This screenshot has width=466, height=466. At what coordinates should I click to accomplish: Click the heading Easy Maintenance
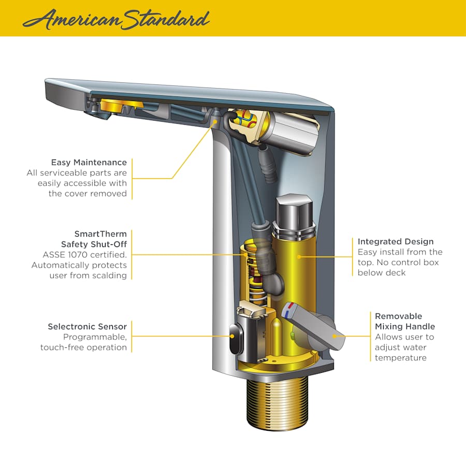89,163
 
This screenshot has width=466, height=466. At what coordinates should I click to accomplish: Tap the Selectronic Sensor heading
87,327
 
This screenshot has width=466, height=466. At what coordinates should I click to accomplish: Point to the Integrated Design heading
396,242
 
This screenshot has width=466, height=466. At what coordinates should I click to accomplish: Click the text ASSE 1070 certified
85,255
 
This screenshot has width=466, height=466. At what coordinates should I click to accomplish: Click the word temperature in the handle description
401,358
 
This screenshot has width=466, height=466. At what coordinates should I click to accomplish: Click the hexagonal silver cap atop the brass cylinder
294,211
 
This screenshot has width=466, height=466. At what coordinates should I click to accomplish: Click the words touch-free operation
83,347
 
